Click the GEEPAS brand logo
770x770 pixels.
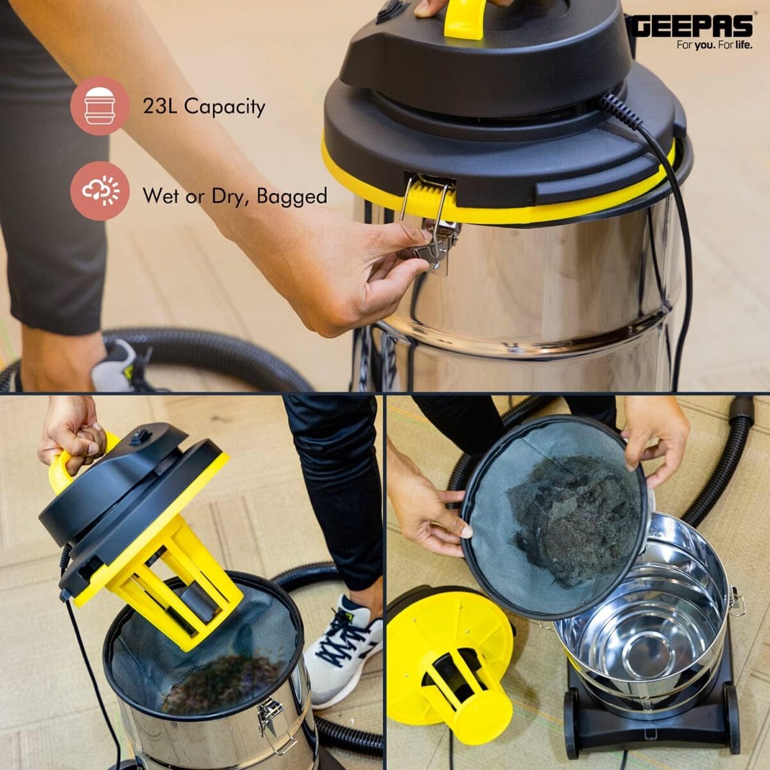(x=692, y=26)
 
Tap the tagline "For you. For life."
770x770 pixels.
(x=714, y=46)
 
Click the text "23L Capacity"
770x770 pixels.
(x=204, y=106)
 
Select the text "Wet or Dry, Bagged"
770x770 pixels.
(x=235, y=196)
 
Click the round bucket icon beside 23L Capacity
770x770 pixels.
(x=100, y=105)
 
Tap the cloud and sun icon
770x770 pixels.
(x=100, y=191)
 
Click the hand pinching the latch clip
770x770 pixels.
(x=359, y=269)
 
